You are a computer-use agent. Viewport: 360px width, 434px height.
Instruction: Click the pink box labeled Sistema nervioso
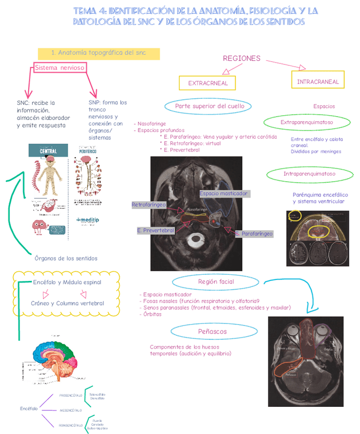point(60,68)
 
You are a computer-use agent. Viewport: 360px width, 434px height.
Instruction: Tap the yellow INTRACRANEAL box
point(317,82)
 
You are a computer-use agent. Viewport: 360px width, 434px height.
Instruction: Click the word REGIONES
point(242,58)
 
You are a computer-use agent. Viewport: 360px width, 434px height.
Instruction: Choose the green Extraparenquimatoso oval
point(307,122)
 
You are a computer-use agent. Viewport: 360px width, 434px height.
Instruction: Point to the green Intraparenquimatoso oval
point(309,174)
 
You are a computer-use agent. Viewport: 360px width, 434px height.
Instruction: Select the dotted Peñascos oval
point(212,332)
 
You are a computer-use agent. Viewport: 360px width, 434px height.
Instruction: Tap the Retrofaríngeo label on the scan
point(149,205)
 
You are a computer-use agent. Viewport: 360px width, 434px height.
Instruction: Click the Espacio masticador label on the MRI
point(224,193)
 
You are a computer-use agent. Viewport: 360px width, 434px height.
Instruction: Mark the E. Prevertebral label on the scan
point(156,230)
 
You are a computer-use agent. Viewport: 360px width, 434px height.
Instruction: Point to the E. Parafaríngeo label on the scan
point(254,233)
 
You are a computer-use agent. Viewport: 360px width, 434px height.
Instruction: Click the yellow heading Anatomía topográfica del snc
point(99,53)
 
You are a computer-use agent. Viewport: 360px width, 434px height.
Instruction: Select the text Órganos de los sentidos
point(66,258)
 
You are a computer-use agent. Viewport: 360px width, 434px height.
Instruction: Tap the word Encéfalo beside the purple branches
point(29,408)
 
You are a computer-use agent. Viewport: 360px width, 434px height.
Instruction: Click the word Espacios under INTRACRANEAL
point(324,106)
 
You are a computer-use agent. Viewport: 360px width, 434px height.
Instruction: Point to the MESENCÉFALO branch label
point(71,410)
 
